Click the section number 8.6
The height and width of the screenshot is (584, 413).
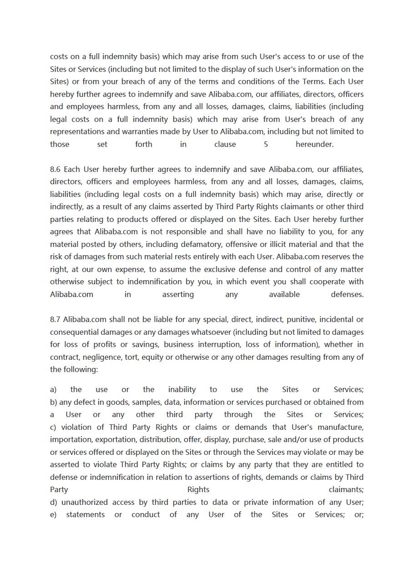coord(55,169)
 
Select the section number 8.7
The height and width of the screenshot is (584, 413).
coord(55,319)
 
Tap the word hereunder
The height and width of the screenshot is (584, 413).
coord(314,144)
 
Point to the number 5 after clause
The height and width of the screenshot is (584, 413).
coord(266,144)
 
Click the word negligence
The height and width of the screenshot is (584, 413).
coord(99,357)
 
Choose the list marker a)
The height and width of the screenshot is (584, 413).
coord(53,389)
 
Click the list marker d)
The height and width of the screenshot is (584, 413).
coord(54,502)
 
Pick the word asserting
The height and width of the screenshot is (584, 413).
coord(178,294)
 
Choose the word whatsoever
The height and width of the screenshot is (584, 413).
coord(210,332)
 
